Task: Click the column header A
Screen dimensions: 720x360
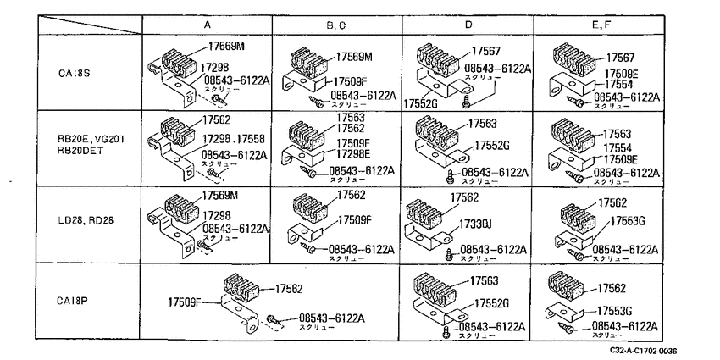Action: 207,25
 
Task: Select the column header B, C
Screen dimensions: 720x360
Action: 336,25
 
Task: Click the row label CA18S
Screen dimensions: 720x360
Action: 71,72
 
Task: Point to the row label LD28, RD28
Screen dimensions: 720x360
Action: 83,220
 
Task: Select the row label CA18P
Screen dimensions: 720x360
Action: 71,302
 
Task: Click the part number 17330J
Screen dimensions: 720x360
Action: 476,224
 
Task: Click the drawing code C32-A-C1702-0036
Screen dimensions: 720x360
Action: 643,351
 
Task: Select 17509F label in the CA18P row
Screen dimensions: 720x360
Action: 185,302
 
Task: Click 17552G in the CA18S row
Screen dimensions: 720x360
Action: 421,104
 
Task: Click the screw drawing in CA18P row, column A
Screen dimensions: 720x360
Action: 272,319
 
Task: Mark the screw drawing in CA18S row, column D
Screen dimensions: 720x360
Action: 467,102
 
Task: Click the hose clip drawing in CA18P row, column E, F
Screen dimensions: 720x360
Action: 566,285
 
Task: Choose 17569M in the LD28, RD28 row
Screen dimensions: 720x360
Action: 220,196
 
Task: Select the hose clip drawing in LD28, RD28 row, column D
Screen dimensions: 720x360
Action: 424,212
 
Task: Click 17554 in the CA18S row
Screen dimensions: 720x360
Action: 618,85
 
